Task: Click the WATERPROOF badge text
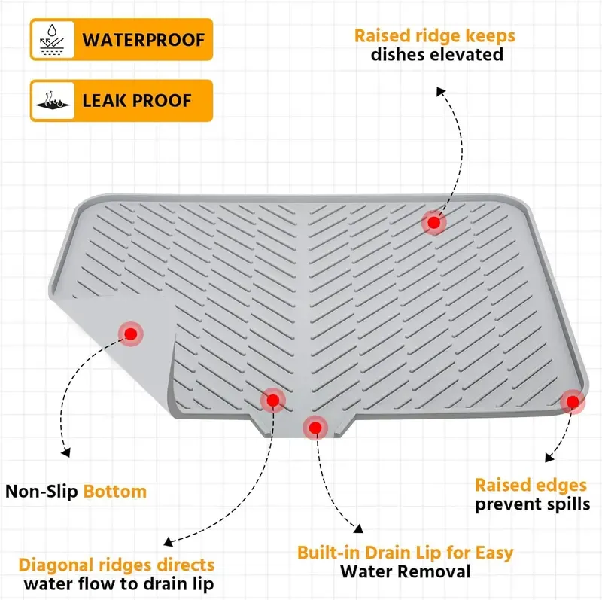(x=142, y=39)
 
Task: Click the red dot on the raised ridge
(x=433, y=222)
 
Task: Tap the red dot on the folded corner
(x=131, y=333)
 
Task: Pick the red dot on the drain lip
(x=315, y=428)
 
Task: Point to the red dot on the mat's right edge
(x=572, y=401)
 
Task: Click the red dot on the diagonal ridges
(x=272, y=400)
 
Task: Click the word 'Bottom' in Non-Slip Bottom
(x=115, y=492)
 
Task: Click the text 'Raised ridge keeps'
(x=436, y=35)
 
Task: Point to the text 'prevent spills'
(x=532, y=504)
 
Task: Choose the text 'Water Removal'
(x=406, y=571)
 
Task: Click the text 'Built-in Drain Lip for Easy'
(x=405, y=553)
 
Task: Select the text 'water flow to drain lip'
(x=119, y=583)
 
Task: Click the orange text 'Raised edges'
(x=531, y=486)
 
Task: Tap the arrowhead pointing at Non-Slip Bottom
(x=66, y=452)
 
